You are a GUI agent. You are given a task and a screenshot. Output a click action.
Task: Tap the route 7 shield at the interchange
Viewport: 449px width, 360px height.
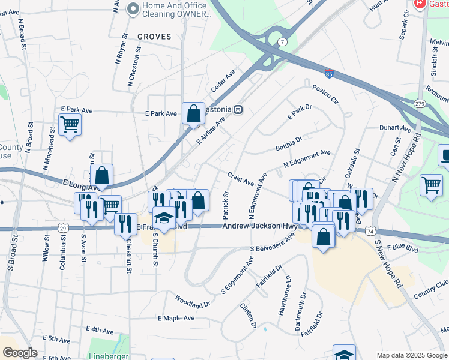(x=282, y=41)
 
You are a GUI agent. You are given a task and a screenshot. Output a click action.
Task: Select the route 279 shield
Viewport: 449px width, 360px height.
(x=419, y=104)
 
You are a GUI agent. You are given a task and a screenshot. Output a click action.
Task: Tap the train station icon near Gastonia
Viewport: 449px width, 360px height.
(x=238, y=110)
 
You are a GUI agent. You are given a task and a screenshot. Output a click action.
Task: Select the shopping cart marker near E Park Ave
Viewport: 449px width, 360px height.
(x=70, y=125)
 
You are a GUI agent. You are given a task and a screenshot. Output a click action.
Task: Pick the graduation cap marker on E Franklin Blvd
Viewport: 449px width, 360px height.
(x=163, y=219)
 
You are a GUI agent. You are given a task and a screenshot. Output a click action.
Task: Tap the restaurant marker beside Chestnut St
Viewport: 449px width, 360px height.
(x=125, y=224)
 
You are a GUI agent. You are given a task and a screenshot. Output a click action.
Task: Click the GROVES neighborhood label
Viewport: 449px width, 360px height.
(x=154, y=37)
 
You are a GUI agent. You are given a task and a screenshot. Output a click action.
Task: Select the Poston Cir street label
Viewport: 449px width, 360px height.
(x=325, y=94)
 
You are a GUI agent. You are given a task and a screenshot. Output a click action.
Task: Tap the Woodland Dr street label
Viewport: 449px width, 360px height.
(x=193, y=301)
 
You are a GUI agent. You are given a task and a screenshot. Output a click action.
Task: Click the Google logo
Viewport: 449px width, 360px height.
(x=20, y=353)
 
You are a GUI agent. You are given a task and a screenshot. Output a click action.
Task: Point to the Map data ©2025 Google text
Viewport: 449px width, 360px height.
(x=412, y=355)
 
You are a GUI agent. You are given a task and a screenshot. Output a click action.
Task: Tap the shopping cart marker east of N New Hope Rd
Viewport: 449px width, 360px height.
(x=431, y=185)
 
